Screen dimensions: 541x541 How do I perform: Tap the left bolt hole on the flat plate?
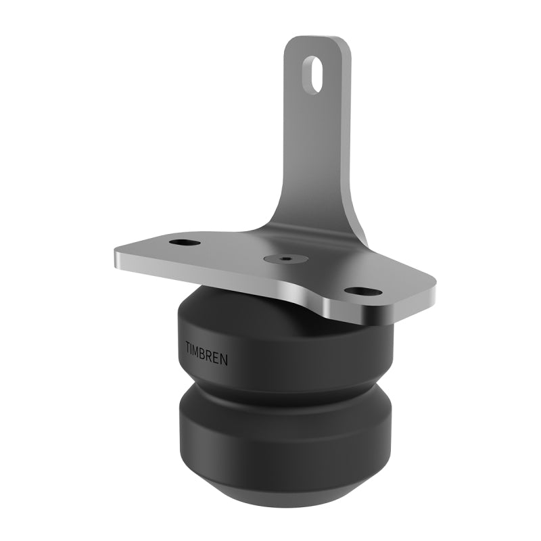pos(183,243)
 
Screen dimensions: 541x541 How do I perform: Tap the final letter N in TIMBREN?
pos(225,359)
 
